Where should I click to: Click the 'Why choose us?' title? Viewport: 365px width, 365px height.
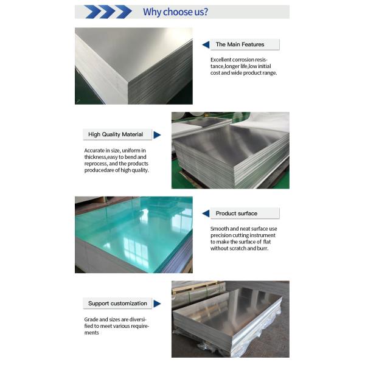click(175, 12)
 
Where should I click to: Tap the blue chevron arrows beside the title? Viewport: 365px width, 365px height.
click(107, 12)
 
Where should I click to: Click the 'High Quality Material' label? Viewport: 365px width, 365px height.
click(116, 134)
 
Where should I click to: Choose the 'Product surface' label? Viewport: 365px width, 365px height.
click(237, 214)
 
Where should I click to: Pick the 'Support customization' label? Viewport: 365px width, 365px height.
click(117, 303)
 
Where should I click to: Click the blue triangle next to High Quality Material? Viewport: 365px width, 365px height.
click(157, 134)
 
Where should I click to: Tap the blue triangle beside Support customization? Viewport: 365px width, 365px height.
click(157, 303)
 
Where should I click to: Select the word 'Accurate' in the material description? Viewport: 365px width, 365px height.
click(96, 150)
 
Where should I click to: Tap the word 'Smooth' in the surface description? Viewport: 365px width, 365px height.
click(220, 228)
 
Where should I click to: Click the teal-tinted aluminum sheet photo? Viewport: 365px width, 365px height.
click(133, 234)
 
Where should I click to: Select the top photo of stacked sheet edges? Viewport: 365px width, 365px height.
click(133, 66)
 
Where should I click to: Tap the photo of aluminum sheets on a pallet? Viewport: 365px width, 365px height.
click(230, 150)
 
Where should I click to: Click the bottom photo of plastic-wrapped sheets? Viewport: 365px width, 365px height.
click(230, 319)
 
